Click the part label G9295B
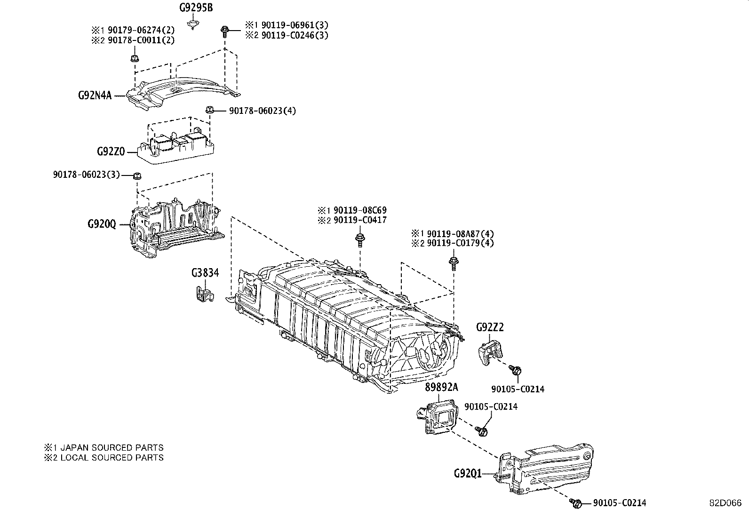tap(194, 8)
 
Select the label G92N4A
tap(95, 96)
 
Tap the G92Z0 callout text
tap(111, 151)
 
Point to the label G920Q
tap(101, 224)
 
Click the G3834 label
tap(205, 273)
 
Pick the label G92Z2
tap(490, 327)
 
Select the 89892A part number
tap(441, 387)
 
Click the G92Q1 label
tap(468, 473)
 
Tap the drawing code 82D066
tap(725, 503)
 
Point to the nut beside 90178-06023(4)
tap(210, 110)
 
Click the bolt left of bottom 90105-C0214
tap(575, 504)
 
